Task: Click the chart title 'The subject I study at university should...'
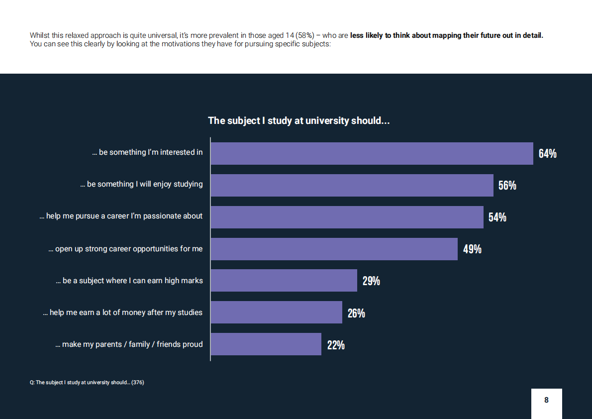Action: click(x=298, y=121)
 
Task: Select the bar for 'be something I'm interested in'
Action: click(x=372, y=153)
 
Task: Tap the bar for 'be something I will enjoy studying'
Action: click(x=352, y=185)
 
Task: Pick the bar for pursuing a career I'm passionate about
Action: click(x=347, y=217)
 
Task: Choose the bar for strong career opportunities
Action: click(x=334, y=249)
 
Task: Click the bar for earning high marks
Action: click(x=284, y=281)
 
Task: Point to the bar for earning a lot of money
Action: click(x=276, y=313)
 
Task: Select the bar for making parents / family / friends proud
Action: click(x=266, y=344)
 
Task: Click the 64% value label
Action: click(x=547, y=154)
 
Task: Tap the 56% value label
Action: click(x=507, y=186)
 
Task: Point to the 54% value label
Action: click(x=497, y=217)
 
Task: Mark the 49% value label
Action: click(x=472, y=249)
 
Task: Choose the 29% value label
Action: click(x=371, y=281)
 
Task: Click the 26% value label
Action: click(x=356, y=313)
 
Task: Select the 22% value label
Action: click(x=336, y=345)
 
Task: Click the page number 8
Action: click(x=546, y=400)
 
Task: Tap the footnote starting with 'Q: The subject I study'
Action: click(x=87, y=383)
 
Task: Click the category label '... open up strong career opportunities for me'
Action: click(x=125, y=249)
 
